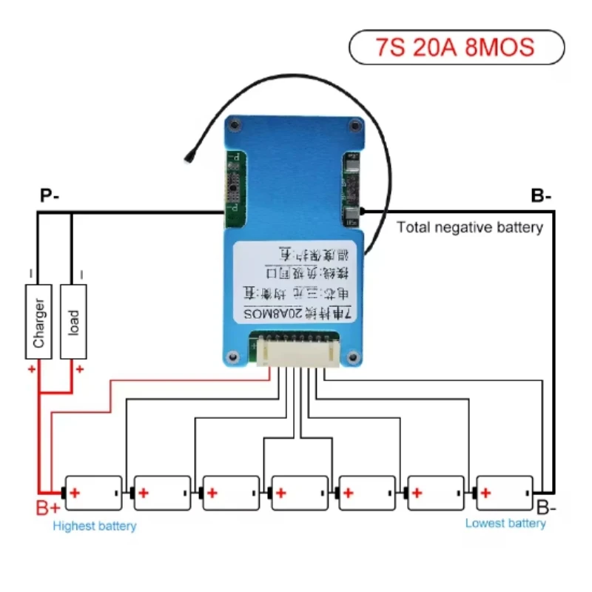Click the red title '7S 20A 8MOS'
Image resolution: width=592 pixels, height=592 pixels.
tap(454, 47)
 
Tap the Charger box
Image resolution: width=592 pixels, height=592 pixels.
tap(39, 321)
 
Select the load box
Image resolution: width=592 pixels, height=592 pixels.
tap(73, 321)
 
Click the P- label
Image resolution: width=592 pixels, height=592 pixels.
tap(50, 196)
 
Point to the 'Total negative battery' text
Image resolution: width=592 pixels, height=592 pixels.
tap(470, 227)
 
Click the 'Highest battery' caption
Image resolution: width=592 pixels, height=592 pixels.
tap(95, 526)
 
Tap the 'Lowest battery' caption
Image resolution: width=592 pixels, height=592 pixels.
tap(505, 523)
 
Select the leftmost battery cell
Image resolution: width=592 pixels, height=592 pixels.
tap(93, 492)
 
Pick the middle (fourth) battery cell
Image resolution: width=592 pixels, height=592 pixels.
tap(299, 492)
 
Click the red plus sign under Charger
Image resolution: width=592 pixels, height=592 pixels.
tap(32, 368)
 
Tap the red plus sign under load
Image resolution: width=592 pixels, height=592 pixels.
tap(80, 368)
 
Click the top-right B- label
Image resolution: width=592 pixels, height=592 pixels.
tap(541, 196)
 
